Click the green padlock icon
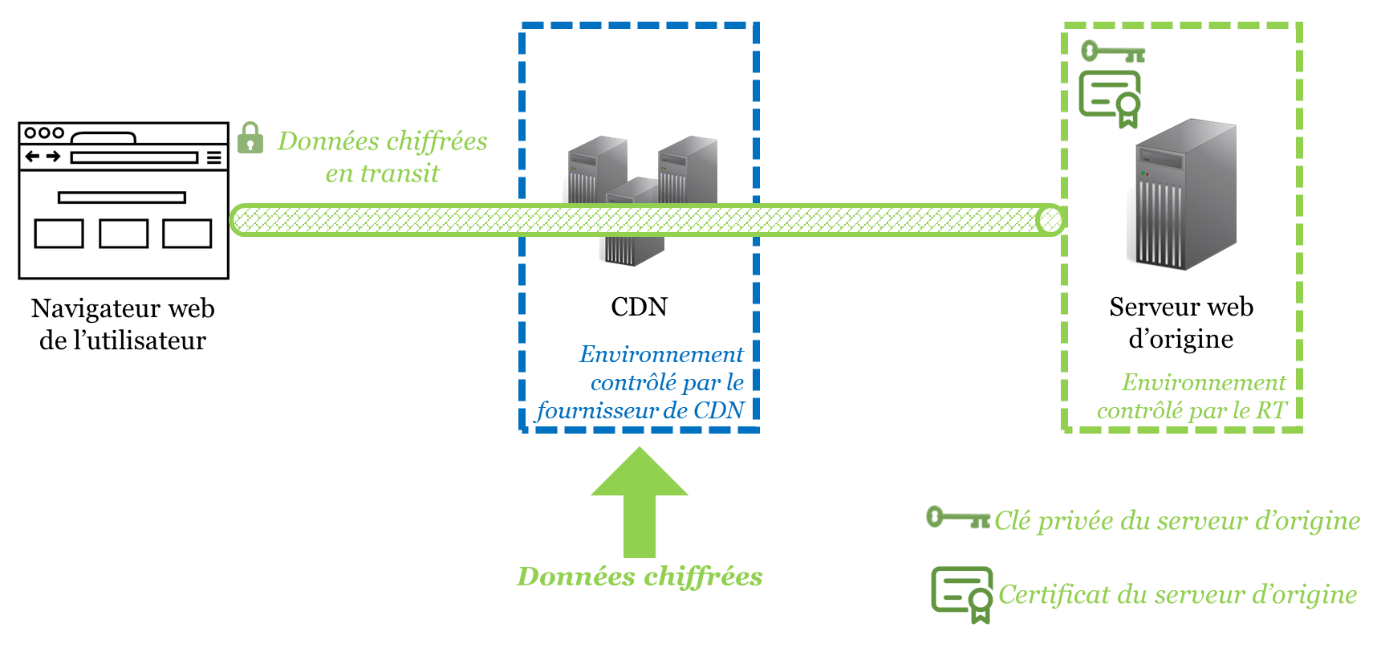(x=250, y=137)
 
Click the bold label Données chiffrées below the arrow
(x=640, y=577)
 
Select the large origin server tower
(x=1185, y=194)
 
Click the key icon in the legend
(x=957, y=517)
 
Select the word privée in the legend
(x=1074, y=521)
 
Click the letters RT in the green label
(x=1271, y=411)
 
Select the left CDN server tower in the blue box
(x=596, y=170)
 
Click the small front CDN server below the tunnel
(x=633, y=248)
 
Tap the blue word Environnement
(x=661, y=354)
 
